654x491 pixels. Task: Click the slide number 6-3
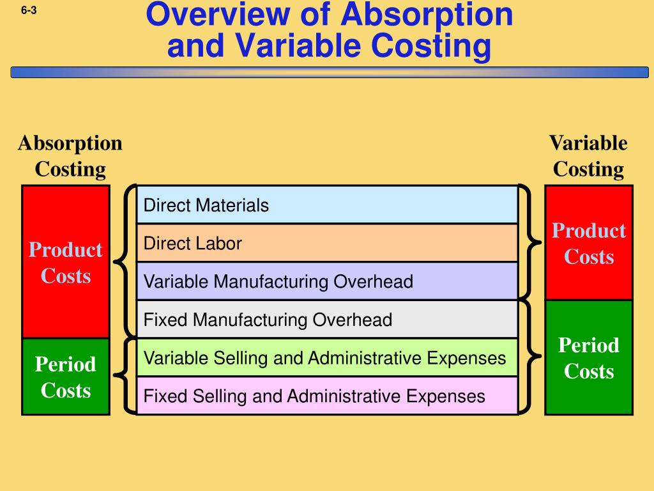pyautogui.click(x=28, y=10)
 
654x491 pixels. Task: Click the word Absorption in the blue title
pyautogui.click(x=426, y=15)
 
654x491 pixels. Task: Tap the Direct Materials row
pyautogui.click(x=326, y=205)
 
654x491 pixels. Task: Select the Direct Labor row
pyautogui.click(x=326, y=243)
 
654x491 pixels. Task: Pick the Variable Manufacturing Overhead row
pyautogui.click(x=326, y=281)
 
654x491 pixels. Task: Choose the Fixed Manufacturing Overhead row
pyautogui.click(x=326, y=320)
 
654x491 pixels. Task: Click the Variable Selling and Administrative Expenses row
pyautogui.click(x=326, y=357)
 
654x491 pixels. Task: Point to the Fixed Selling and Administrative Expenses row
pyautogui.click(x=326, y=396)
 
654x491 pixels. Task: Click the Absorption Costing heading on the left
pyautogui.click(x=70, y=156)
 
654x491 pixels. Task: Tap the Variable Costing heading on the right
pyautogui.click(x=588, y=156)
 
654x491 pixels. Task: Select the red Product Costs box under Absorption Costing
pyautogui.click(x=66, y=262)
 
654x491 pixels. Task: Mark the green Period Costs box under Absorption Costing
pyautogui.click(x=66, y=377)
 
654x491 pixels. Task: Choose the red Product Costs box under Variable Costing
pyautogui.click(x=589, y=243)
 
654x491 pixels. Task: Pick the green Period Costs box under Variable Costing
pyautogui.click(x=589, y=358)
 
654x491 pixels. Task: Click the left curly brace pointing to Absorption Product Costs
pyautogui.click(x=125, y=261)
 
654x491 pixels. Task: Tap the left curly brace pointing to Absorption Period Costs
pyautogui.click(x=125, y=376)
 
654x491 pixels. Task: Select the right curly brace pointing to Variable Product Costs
pyautogui.click(x=528, y=242)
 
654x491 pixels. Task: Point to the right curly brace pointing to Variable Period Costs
pyautogui.click(x=528, y=357)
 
